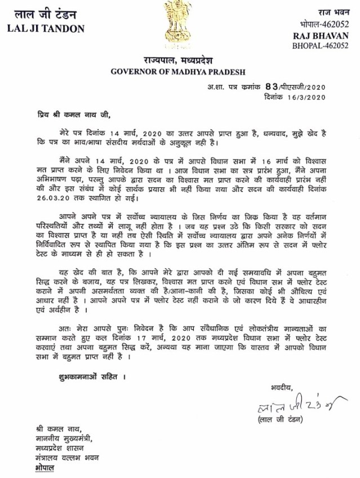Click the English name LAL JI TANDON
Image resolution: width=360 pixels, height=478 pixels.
46,29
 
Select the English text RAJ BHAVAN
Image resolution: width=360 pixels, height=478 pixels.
328,35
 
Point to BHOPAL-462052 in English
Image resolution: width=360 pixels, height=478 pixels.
328,45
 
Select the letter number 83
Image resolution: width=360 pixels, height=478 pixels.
273,87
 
